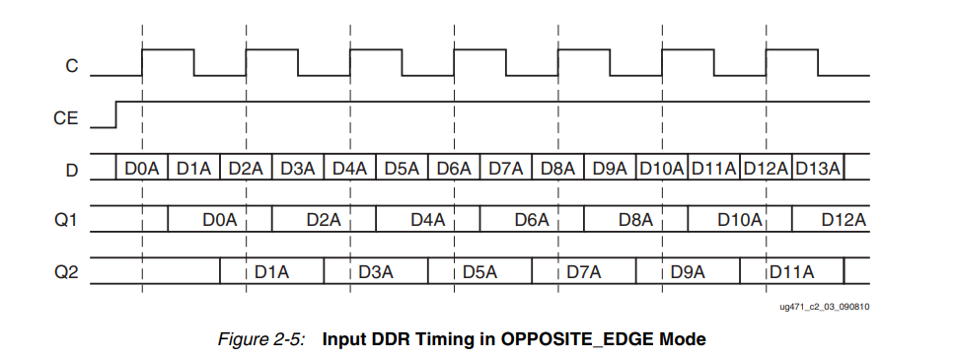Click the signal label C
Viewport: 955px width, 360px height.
pos(71,66)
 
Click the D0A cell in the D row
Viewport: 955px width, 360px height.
pos(142,169)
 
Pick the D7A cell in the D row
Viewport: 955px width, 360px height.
pos(506,169)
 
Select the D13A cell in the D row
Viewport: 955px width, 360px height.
pos(817,169)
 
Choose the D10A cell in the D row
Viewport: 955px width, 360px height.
pos(662,169)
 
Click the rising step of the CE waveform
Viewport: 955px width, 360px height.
pos(116,113)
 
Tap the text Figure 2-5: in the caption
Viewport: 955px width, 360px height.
pos(261,339)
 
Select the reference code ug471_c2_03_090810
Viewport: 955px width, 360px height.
pos(825,306)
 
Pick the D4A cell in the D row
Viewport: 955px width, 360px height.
pos(350,169)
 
